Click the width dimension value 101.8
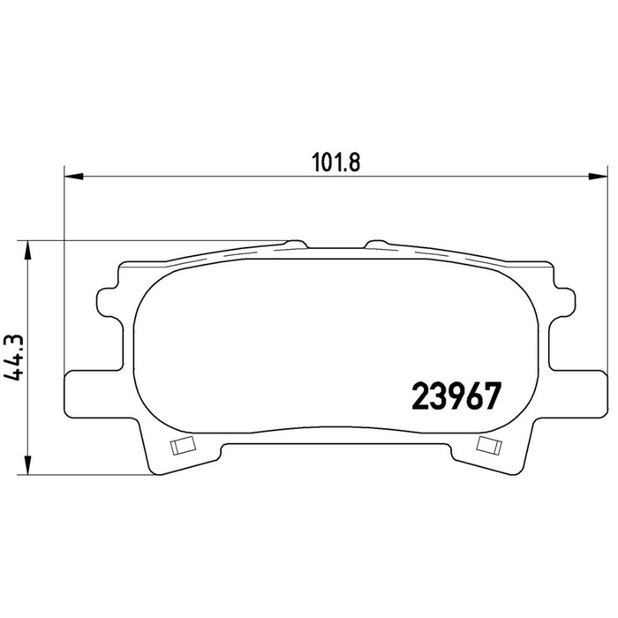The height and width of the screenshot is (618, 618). click(335, 162)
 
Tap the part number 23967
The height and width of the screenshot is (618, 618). click(456, 396)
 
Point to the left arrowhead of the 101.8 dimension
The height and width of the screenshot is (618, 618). click(73, 177)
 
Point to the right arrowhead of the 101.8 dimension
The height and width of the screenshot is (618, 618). click(598, 177)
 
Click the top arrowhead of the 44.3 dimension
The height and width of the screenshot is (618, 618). click(27, 250)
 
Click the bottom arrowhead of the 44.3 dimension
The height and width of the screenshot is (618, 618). click(27, 465)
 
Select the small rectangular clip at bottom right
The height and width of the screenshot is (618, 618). click(489, 445)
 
